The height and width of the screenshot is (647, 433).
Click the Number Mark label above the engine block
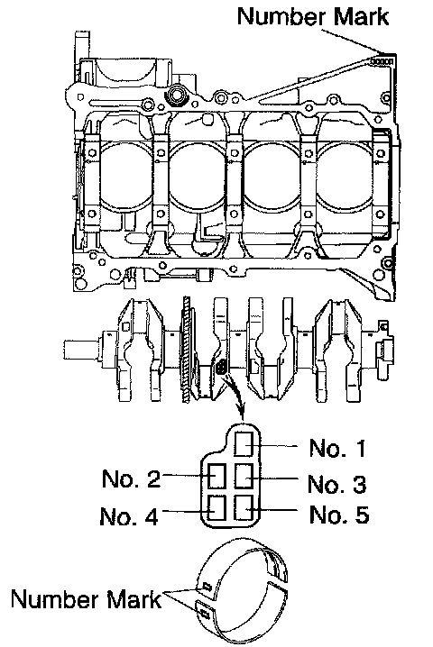(x=313, y=16)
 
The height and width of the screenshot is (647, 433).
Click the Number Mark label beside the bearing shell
(x=86, y=598)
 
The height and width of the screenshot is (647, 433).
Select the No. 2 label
(x=131, y=478)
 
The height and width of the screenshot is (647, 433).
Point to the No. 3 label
(x=336, y=484)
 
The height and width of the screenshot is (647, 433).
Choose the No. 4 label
(x=129, y=515)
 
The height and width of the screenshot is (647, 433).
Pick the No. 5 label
(x=339, y=515)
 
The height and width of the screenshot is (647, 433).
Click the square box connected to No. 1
(x=244, y=443)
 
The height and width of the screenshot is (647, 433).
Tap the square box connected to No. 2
(x=216, y=476)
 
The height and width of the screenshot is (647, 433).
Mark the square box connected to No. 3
(x=244, y=476)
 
